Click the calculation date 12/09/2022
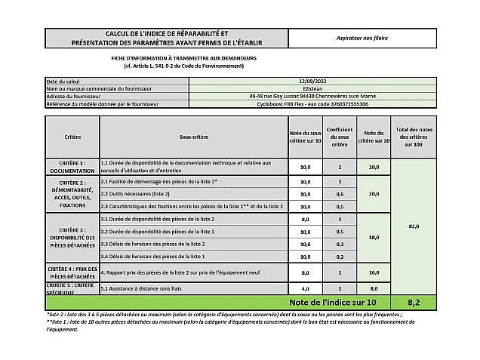pos(312,80)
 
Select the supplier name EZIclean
pos(312,88)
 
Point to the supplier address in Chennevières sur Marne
pos(312,96)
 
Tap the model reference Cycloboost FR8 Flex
pos(312,103)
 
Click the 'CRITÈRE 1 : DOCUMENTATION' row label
pos(72,167)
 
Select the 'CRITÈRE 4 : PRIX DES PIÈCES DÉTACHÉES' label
pos(72,272)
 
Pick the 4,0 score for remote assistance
pos(306,288)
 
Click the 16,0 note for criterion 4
pos(374,272)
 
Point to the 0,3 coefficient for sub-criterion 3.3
pos(340,244)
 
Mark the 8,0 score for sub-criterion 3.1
pos(306,219)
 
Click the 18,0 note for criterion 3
pos(374,237)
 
